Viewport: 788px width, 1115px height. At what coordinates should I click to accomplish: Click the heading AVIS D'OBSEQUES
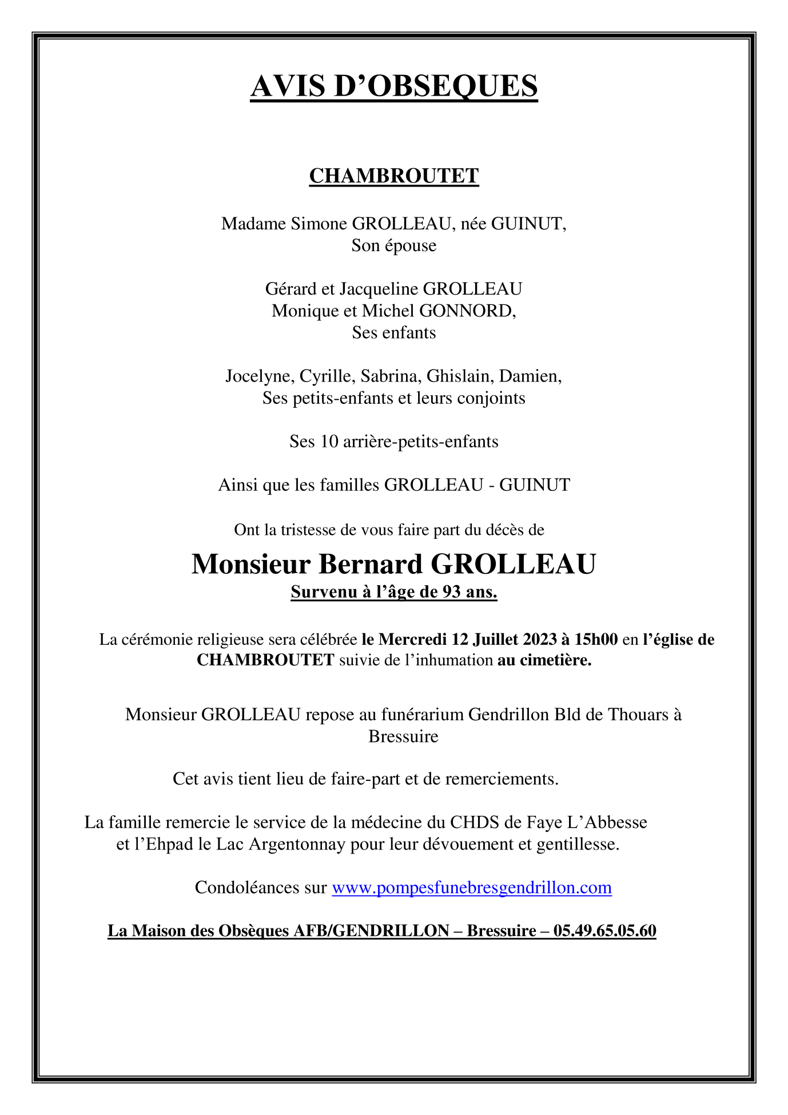[393, 86]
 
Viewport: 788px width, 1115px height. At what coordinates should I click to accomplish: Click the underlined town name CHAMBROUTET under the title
[393, 176]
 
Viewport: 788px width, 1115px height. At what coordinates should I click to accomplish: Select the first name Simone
[320, 224]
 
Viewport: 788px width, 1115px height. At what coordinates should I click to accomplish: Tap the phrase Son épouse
[393, 245]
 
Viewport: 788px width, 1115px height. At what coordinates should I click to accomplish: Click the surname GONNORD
[467, 311]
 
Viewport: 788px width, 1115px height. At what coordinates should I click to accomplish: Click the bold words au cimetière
[544, 660]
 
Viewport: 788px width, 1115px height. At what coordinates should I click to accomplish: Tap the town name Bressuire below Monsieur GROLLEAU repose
[403, 736]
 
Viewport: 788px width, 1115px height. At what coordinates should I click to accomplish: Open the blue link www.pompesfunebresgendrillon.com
[471, 887]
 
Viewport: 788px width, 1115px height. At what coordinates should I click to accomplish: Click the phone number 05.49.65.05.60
[604, 931]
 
